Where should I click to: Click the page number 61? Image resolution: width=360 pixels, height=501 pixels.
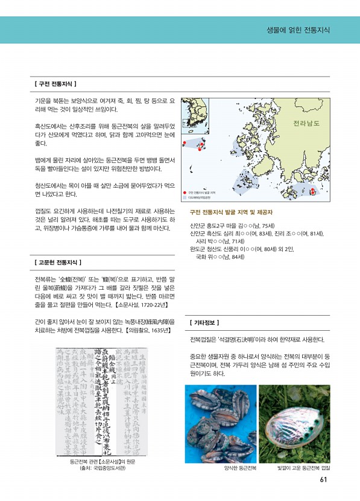tap(324, 480)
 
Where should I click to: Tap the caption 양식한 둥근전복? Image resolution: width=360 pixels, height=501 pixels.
tap(240, 468)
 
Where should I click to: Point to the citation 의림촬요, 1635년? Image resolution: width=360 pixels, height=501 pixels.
tap(150, 330)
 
